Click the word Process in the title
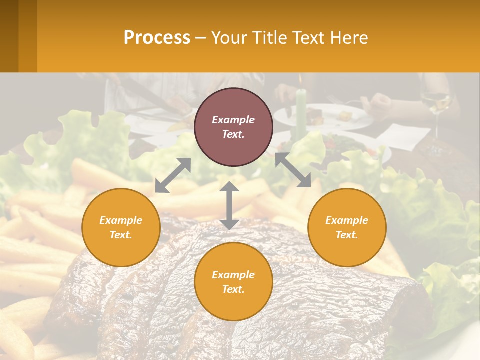point(157,38)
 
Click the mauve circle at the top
point(233,127)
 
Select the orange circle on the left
point(121,227)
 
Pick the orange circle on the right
point(347,227)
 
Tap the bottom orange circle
point(233,281)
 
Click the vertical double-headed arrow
point(229,205)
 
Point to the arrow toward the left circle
point(173,175)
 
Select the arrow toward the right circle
point(293,170)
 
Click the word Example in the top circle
point(233,120)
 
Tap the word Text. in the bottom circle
point(233,289)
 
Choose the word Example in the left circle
point(121,220)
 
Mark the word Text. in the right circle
point(347,235)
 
